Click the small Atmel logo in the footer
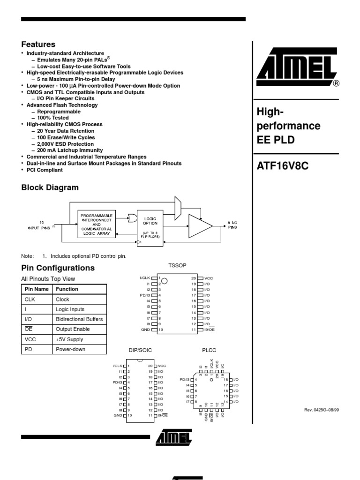click(x=174, y=437)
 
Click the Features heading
click(x=38, y=45)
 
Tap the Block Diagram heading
click(x=50, y=187)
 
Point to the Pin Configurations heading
click(x=58, y=268)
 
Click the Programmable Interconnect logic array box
click(x=97, y=225)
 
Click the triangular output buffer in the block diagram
click(x=199, y=226)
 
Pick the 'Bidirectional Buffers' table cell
click(x=79, y=319)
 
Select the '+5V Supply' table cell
click(x=69, y=339)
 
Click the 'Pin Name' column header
click(x=37, y=289)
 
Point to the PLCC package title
click(x=210, y=350)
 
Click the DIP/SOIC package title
click(x=140, y=350)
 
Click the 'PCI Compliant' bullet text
click(x=45, y=170)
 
